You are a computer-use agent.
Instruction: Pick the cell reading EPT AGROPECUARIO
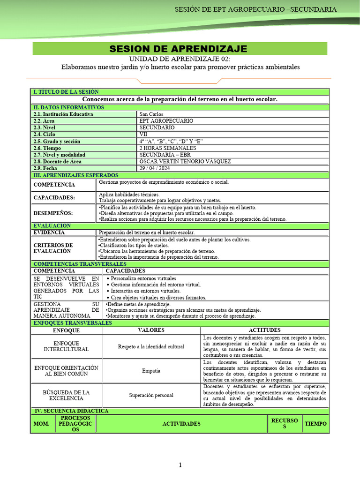(166, 121)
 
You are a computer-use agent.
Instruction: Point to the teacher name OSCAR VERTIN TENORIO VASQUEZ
(185, 161)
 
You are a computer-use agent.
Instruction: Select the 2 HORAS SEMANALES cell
(167, 148)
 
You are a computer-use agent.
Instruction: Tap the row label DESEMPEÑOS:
(53, 213)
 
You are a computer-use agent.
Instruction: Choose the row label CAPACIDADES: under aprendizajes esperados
(54, 197)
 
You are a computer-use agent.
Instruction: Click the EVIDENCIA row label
(49, 232)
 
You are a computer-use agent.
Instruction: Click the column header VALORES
(151, 330)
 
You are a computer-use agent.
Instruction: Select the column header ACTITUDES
(264, 330)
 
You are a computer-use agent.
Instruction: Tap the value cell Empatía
(151, 371)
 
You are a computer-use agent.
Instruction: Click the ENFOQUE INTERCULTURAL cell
(66, 346)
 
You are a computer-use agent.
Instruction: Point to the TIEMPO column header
(316, 423)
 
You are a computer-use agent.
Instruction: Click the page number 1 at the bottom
(180, 465)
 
